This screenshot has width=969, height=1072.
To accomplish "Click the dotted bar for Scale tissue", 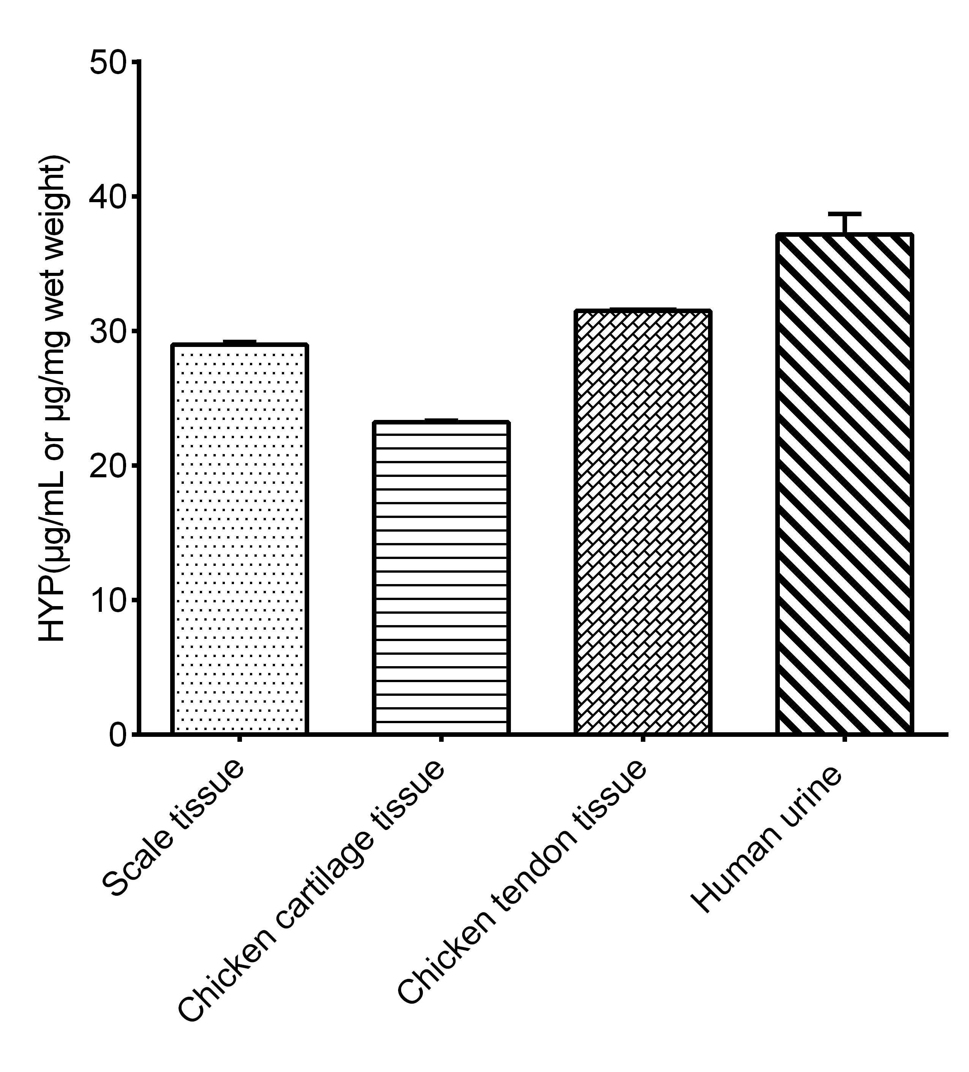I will coord(239,539).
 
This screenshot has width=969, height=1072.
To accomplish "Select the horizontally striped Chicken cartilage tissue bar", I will coord(441,578).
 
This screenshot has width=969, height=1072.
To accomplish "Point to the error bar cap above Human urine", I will coord(844,214).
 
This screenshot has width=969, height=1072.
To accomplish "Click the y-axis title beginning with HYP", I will coord(53,399).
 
